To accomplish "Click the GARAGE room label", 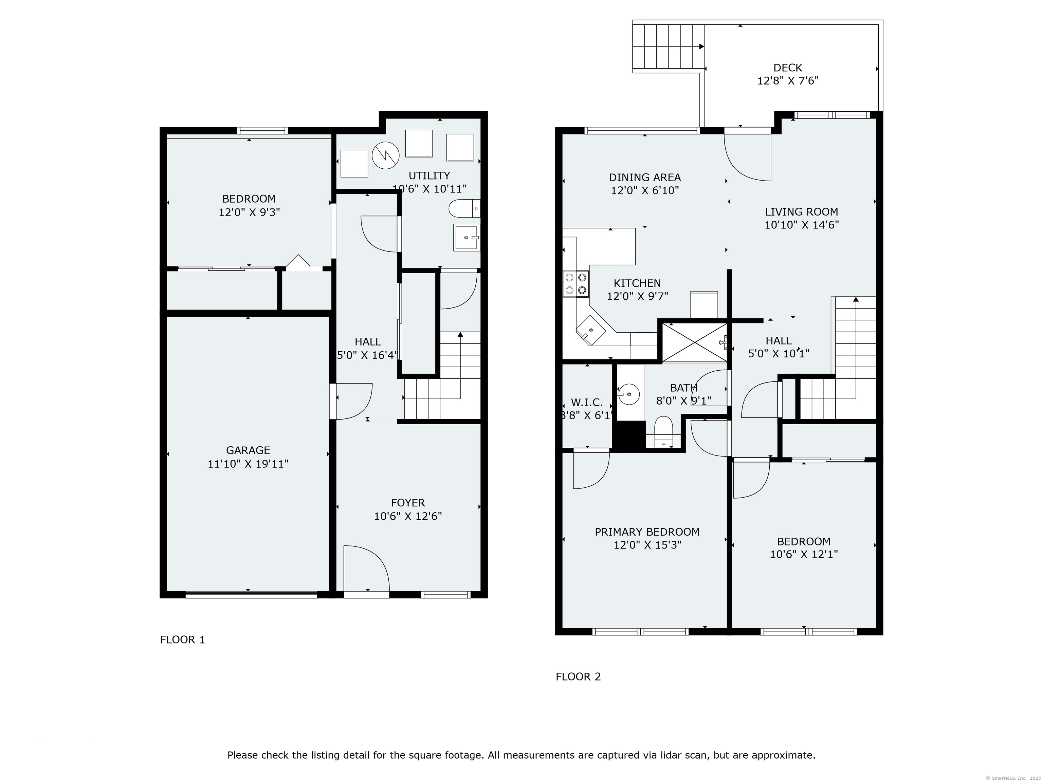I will (x=248, y=450).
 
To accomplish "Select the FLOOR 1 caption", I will (x=182, y=640).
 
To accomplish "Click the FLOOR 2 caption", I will (x=578, y=677).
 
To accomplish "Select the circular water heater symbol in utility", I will (x=385, y=155).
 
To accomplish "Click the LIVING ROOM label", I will (x=801, y=212).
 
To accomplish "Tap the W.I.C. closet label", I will (x=587, y=403).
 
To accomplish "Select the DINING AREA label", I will (x=644, y=178).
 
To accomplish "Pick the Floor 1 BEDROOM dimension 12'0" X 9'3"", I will (x=249, y=212).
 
